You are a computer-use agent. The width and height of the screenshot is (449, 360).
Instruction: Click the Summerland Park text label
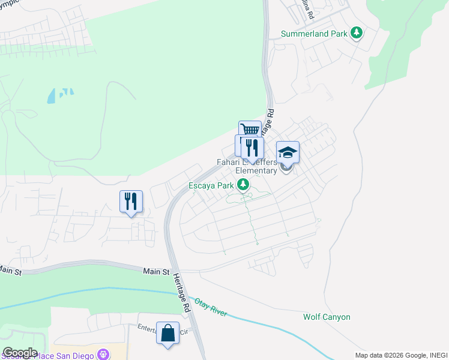[x=315, y=34]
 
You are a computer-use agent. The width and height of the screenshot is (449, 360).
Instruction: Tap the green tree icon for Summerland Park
[x=357, y=32]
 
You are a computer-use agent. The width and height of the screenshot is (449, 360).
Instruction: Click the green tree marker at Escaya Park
[x=243, y=185]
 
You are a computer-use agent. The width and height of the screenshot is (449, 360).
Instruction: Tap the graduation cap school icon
[x=288, y=152]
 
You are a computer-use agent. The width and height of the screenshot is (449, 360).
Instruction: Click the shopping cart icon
[x=250, y=130]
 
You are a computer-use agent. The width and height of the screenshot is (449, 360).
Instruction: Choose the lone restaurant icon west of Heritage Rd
[x=131, y=200]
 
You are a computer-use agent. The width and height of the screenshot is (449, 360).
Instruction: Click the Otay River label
[x=210, y=307]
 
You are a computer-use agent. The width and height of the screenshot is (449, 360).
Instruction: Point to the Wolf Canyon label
[x=327, y=317]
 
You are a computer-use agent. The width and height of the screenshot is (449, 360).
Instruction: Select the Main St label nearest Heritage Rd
[x=157, y=272]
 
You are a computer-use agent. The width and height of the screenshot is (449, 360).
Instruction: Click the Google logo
[x=20, y=353]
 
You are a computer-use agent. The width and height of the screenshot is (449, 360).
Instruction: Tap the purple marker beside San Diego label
[x=104, y=355]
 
